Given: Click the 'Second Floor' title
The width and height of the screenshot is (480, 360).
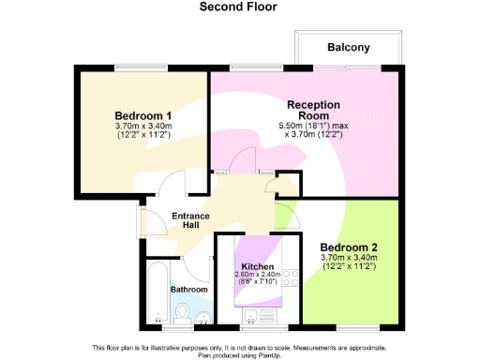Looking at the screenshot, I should click(239, 7).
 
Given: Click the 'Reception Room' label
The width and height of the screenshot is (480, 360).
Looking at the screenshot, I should click(313, 110).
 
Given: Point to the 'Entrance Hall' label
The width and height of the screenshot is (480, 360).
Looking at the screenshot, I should click(190, 221).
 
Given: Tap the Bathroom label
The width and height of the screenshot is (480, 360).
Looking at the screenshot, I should click(188, 290).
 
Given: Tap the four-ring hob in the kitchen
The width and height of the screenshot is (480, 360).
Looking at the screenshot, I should click(290, 277).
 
